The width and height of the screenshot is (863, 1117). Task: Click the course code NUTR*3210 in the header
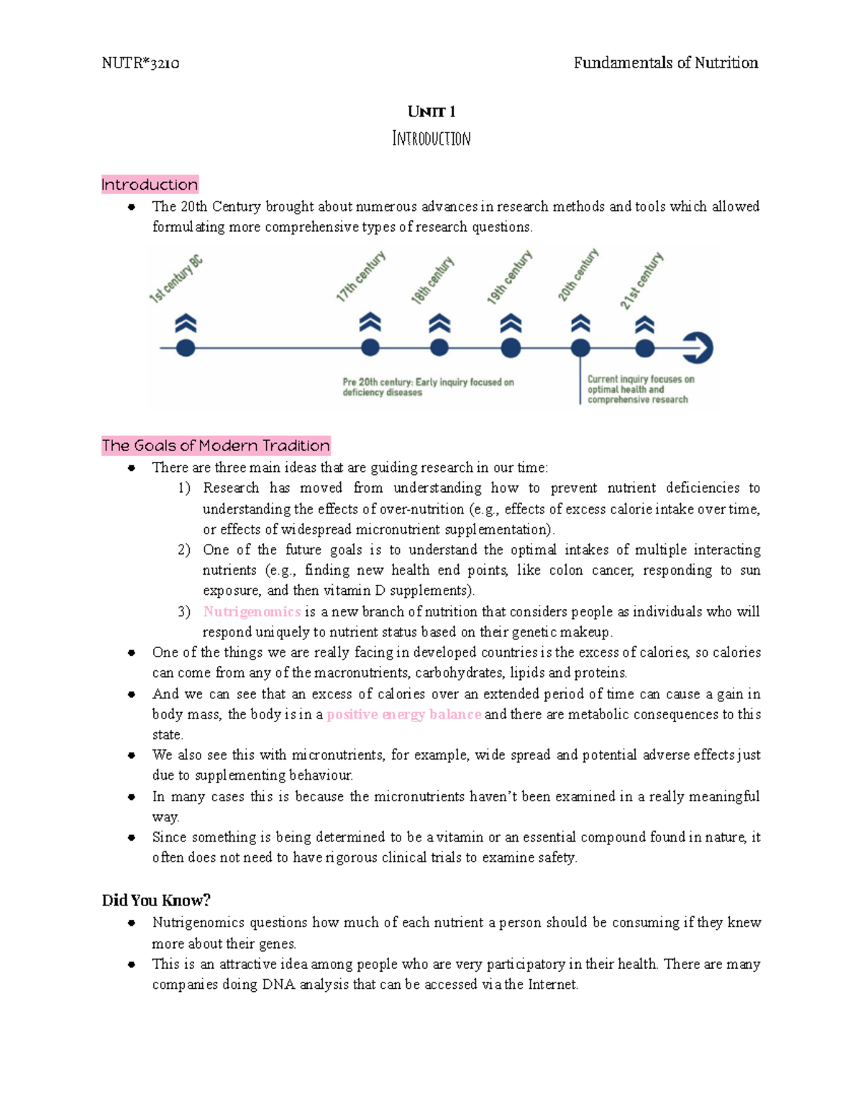click(140, 63)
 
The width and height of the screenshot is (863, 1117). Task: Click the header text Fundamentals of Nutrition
click(665, 63)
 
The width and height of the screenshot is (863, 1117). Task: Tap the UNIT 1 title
click(431, 111)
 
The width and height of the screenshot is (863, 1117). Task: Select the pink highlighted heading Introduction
click(150, 185)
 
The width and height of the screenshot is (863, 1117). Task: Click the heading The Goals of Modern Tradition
click(216, 446)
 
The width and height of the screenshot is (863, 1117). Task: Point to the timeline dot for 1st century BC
click(186, 348)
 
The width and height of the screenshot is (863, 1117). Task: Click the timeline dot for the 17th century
click(370, 348)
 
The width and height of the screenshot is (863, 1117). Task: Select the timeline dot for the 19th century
click(511, 348)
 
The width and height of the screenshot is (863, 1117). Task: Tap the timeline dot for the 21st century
click(645, 348)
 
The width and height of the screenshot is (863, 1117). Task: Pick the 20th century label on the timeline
click(578, 275)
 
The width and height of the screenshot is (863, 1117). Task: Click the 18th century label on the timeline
click(432, 281)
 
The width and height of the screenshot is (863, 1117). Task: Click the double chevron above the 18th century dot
click(439, 323)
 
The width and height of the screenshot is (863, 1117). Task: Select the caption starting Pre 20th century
click(428, 387)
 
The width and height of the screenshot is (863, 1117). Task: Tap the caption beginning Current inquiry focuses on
click(640, 389)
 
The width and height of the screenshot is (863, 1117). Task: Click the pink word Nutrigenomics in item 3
click(252, 612)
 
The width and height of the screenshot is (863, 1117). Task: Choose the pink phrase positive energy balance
click(403, 715)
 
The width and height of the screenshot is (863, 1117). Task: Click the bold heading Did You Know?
click(156, 901)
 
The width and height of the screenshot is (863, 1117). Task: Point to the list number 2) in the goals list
click(184, 550)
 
